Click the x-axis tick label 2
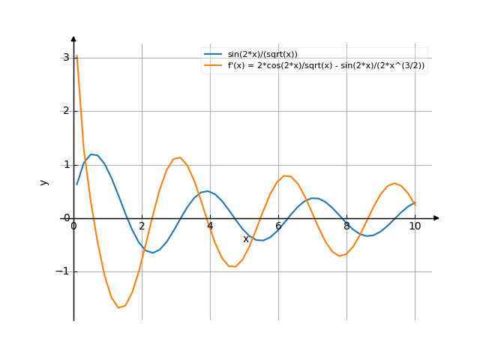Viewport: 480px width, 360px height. coord(142,226)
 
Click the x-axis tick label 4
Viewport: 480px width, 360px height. coord(210,226)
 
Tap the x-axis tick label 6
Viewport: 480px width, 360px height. coord(278,226)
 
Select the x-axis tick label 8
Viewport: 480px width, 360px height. coord(346,226)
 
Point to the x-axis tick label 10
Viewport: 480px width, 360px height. coord(415,226)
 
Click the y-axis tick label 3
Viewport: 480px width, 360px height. coord(66,58)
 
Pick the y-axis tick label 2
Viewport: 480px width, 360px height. coord(66,111)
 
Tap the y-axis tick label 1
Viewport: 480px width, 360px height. coord(66,165)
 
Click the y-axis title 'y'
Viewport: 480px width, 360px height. coord(44,181)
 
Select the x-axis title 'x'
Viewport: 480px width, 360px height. coord(245,238)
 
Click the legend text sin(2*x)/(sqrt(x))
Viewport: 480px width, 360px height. coord(262,54)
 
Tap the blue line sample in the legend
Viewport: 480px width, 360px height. coord(213,54)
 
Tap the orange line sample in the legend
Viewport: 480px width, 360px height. coord(213,65)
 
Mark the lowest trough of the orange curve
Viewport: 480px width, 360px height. coord(119,307)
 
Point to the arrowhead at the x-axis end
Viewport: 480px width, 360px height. coord(436,218)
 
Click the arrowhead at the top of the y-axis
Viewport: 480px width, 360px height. coord(73,37)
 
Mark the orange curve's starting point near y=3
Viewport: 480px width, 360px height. coord(76,56)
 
